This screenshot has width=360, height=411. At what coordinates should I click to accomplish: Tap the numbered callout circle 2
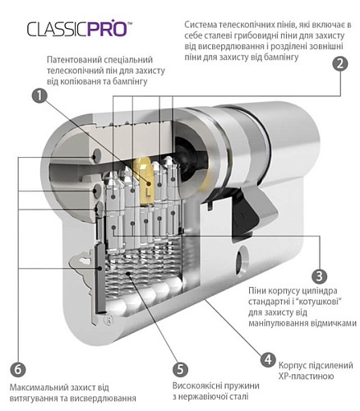pos(336,65)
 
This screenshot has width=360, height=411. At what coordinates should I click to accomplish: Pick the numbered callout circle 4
pos(268,359)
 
